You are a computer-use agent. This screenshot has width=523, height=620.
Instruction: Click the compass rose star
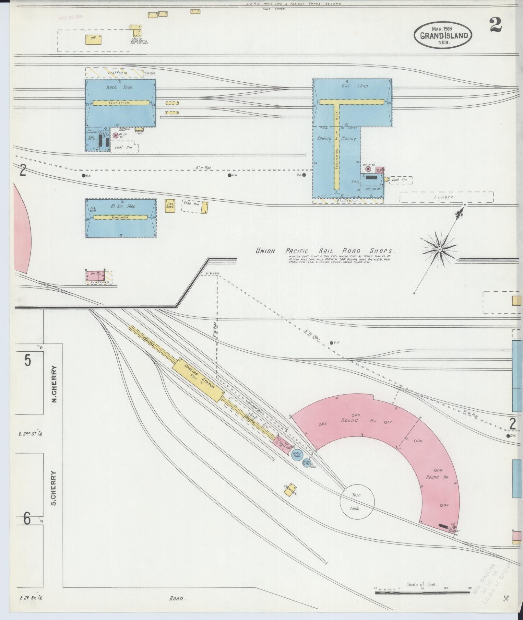click(439, 249)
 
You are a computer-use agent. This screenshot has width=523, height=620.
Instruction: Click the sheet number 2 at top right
click(496, 25)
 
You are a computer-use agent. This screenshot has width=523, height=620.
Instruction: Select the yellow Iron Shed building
click(170, 206)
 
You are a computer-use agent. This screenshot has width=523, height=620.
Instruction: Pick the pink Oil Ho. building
click(95, 276)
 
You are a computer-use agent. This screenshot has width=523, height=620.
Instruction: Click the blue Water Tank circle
click(296, 455)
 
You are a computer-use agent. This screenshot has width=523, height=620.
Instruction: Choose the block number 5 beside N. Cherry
click(28, 360)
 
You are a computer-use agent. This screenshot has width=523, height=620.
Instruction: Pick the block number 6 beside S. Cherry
click(28, 519)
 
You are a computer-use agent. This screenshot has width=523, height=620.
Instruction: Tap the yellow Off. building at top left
click(93, 40)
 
